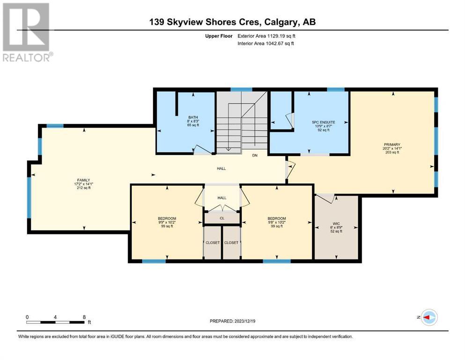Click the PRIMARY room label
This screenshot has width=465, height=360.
coord(392,144)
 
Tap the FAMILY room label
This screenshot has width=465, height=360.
coord(84,180)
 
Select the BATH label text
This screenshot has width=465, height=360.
coord(193,117)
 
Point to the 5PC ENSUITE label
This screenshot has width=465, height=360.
coord(323,122)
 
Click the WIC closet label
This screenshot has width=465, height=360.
coord(336,224)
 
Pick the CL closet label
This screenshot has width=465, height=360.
coord(222,218)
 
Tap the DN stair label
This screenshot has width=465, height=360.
coord(255,155)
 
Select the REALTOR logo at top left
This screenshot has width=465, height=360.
coord(27,32)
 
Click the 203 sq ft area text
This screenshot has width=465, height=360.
coord(392,152)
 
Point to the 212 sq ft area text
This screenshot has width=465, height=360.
coord(84,188)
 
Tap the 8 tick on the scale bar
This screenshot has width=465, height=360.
coord(84,317)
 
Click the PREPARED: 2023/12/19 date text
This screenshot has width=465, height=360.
coord(232,321)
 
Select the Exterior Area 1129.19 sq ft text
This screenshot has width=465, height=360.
coord(266,36)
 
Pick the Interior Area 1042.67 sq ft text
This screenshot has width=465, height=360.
coord(266,43)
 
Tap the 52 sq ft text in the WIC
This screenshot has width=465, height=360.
coord(336,231)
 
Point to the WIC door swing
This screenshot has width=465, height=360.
coord(325,199)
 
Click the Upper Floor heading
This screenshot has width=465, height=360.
coord(219,36)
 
